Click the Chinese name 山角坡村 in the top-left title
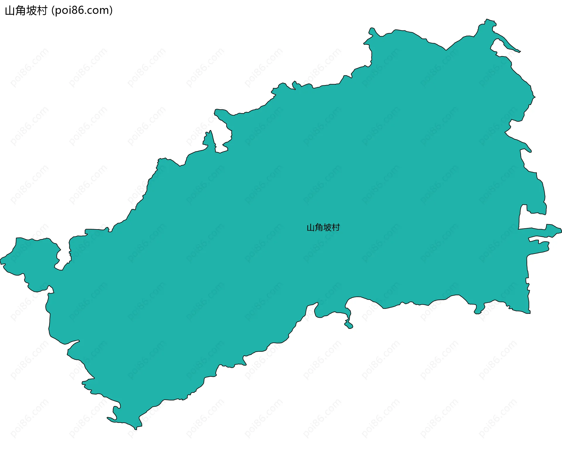[x=26, y=11]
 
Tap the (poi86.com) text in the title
[x=82, y=11]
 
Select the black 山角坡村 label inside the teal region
[x=323, y=227]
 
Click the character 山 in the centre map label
[x=311, y=228]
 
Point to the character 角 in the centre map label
[x=319, y=227]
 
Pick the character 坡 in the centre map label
[x=328, y=227]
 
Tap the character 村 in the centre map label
[x=336, y=227]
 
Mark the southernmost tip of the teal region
[x=136, y=429]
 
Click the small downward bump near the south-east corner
[x=478, y=312]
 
